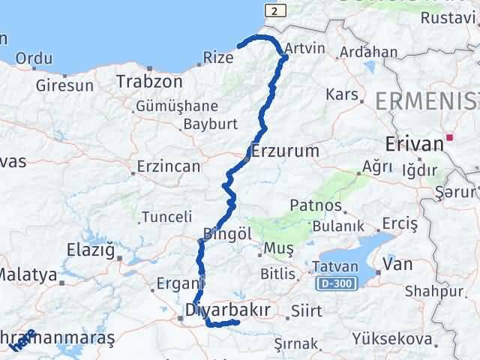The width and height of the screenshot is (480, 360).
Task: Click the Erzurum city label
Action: pos(286,151)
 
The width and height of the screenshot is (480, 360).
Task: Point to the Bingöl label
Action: pos(227,234)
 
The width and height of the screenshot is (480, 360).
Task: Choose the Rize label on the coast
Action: pos(219,57)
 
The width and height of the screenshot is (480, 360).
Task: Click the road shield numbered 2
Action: pos(275,10)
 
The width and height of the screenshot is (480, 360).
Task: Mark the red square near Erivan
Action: pos(450,137)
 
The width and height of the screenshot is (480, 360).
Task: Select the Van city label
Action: pos(397,264)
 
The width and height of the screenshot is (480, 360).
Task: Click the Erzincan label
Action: pos(168,166)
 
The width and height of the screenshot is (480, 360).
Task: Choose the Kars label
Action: pos(340,95)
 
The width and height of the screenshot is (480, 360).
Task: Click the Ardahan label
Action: pos(368,52)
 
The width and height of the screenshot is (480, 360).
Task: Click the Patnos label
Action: pos(316,205)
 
